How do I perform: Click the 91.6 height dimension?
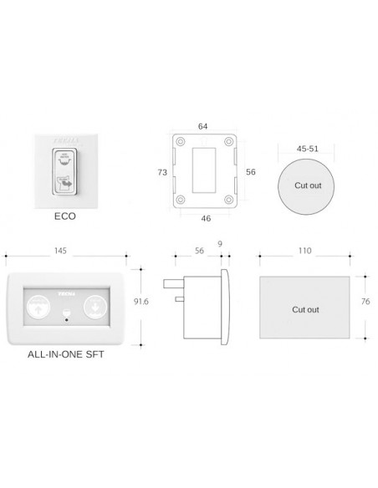coord(143,302)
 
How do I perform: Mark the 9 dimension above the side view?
coord(219,243)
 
